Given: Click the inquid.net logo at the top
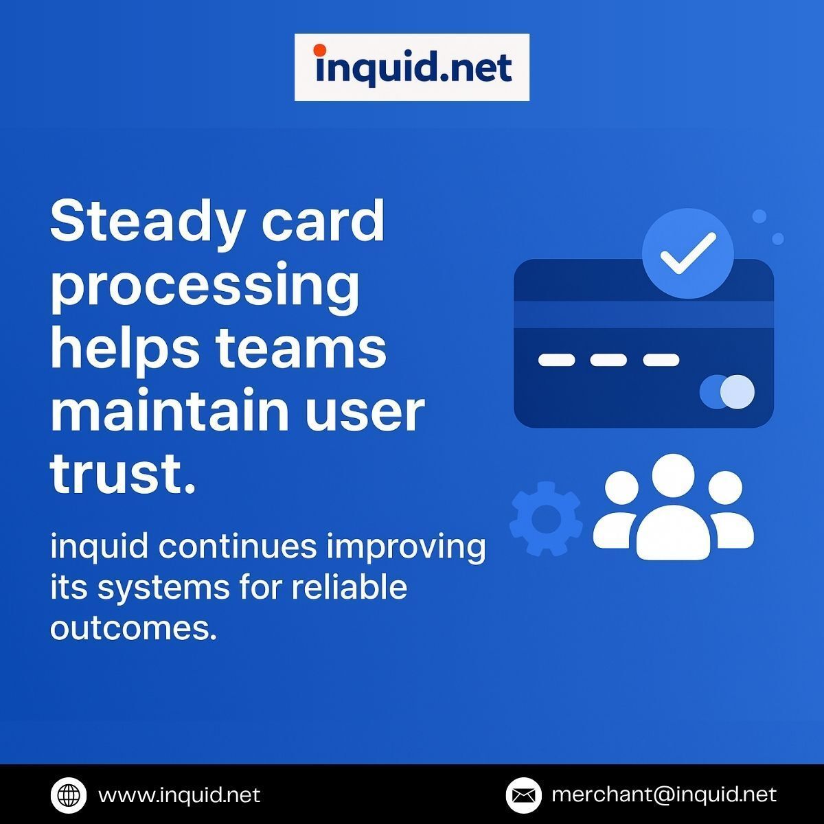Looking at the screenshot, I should (x=412, y=67).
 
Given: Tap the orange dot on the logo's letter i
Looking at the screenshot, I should (x=319, y=50).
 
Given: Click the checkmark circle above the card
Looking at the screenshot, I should (x=687, y=253).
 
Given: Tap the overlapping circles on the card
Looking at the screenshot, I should (x=727, y=392).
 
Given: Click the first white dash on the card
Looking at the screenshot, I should (x=556, y=360).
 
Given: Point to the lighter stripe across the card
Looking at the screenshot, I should (x=643, y=314).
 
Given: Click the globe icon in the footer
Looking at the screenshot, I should (x=69, y=795).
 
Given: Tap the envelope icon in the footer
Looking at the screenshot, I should (x=524, y=795).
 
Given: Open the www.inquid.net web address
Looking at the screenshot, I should (x=179, y=795).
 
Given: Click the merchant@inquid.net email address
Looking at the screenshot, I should (x=663, y=795).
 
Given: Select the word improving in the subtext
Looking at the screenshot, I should (x=406, y=548).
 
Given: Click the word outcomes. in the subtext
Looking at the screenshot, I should (x=133, y=628).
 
